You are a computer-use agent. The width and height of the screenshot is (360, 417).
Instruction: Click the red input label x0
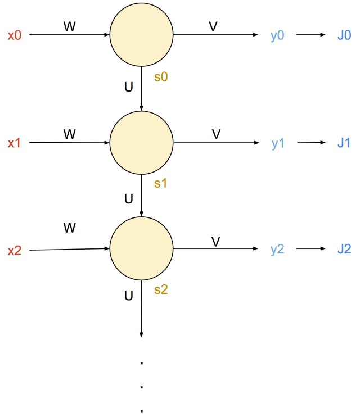tap(14, 35)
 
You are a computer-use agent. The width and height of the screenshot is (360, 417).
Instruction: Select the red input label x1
tap(14, 143)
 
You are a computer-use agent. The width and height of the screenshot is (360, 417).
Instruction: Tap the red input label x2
tap(14, 250)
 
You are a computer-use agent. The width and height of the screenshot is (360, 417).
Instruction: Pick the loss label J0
tap(344, 35)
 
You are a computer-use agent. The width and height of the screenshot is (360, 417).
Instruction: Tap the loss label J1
tap(344, 143)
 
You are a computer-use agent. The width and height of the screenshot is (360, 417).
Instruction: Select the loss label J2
tap(344, 249)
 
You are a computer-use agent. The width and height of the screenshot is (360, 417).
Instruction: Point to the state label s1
tap(161, 184)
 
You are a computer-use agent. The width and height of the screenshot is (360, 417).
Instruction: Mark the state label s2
tap(161, 290)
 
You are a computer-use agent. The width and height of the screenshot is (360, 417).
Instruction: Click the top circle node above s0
tap(141, 35)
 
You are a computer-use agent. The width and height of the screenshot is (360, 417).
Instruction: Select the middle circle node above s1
tap(141, 142)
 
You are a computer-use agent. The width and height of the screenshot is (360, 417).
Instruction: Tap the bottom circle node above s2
tap(141, 248)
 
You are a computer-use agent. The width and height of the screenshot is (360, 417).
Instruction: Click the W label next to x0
tap(69, 26)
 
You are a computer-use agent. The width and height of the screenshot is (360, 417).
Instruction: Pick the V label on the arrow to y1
tap(216, 134)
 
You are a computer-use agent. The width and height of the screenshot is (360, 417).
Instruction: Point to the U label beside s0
tap(128, 87)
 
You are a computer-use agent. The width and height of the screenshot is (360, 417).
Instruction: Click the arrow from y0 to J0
tap(310, 35)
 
